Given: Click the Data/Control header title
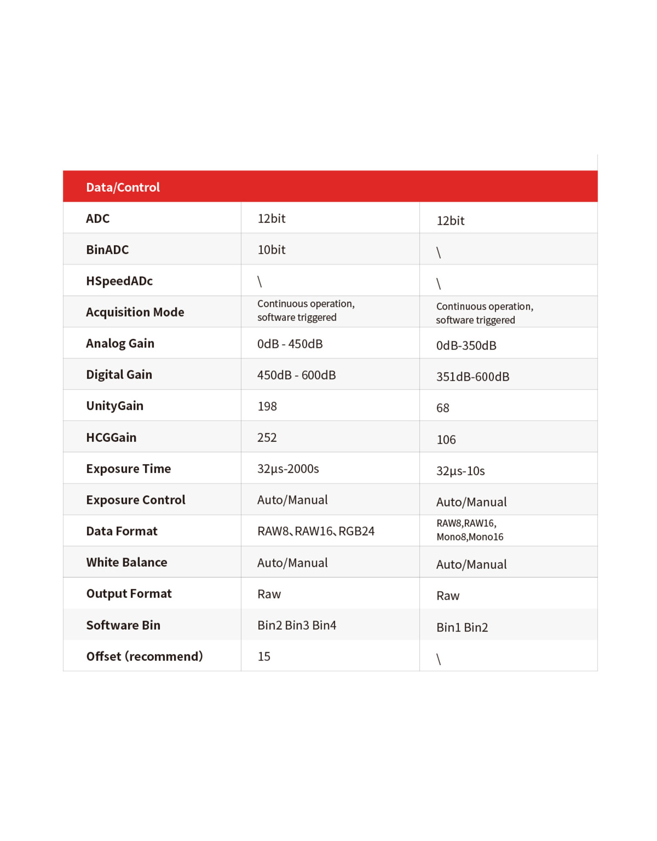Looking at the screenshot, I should point(123,187).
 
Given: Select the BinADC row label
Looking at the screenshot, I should point(107,250).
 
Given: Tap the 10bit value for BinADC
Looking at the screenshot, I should point(271,250).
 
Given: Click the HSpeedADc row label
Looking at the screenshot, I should point(119,281).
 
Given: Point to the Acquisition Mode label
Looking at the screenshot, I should point(135,312).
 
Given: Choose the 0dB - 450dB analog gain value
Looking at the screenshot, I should point(289,344).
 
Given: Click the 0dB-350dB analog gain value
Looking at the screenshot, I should point(466,345).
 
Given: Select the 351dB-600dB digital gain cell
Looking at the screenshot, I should point(472,377).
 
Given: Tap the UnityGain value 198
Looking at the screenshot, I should point(267,406).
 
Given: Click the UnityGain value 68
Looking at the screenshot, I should point(442,408).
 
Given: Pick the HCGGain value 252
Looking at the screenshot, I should point(267,437).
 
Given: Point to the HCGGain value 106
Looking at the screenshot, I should point(446,439).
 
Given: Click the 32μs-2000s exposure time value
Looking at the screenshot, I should point(288,469).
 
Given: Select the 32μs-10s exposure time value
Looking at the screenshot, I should point(460,471).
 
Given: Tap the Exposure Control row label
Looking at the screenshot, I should point(136,500).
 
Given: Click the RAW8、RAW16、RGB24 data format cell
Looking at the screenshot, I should point(315,531).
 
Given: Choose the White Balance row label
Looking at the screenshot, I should point(126,562).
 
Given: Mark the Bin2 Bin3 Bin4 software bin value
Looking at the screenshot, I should point(296,625).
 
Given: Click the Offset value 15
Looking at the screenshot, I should point(264,656).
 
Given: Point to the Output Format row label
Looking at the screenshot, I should point(129,593).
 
